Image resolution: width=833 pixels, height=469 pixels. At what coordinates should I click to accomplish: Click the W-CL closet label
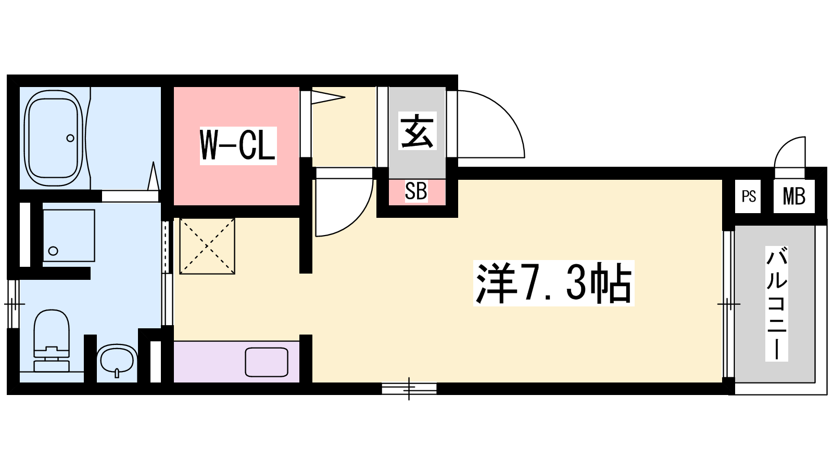click(238, 145)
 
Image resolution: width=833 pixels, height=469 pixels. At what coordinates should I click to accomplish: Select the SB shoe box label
click(416, 191)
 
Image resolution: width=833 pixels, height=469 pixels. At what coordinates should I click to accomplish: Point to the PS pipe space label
click(749, 196)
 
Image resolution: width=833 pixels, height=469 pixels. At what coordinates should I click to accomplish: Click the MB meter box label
click(794, 196)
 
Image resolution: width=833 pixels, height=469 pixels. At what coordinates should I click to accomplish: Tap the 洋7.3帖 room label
click(554, 283)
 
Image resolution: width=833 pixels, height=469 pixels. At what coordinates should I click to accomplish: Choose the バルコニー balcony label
click(776, 304)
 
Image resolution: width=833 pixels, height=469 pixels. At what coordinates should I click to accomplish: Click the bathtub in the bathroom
click(53, 138)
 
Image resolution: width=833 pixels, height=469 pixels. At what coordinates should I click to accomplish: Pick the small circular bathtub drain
click(70, 138)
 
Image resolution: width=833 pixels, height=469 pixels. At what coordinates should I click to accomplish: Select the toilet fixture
click(52, 341)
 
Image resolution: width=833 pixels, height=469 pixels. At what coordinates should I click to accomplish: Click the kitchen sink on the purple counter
click(267, 362)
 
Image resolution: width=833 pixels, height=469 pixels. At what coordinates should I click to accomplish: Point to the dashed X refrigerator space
click(207, 246)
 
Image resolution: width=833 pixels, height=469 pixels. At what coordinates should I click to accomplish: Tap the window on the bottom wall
click(409, 389)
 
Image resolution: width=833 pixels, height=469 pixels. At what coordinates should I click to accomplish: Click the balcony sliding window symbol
click(729, 304)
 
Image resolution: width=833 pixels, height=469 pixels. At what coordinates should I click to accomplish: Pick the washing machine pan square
click(69, 236)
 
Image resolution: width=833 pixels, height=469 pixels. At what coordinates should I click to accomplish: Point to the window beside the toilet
click(14, 304)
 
